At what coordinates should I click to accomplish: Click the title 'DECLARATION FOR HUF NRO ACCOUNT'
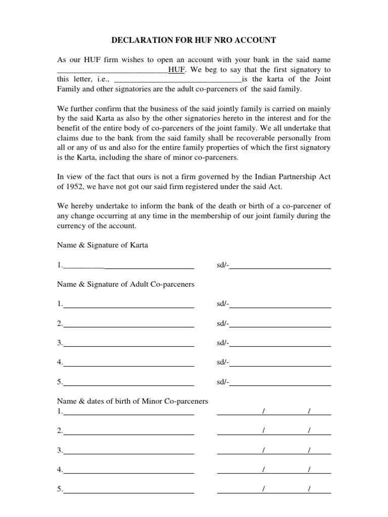(x=194, y=40)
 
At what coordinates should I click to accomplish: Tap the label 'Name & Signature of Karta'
(x=103, y=245)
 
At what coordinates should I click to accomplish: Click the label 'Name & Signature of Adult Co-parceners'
(x=126, y=284)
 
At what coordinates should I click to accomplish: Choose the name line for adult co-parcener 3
(x=128, y=344)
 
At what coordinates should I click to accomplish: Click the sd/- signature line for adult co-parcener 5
(x=280, y=383)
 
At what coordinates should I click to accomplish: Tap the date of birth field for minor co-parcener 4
(x=274, y=470)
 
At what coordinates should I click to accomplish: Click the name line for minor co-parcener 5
(x=128, y=490)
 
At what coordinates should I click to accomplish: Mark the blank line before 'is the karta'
(x=178, y=80)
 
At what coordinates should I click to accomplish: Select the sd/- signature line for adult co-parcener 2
(x=280, y=324)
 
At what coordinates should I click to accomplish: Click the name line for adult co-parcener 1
(x=128, y=305)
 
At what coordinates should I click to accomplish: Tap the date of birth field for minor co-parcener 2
(x=274, y=431)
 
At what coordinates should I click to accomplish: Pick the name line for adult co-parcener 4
(x=128, y=363)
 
